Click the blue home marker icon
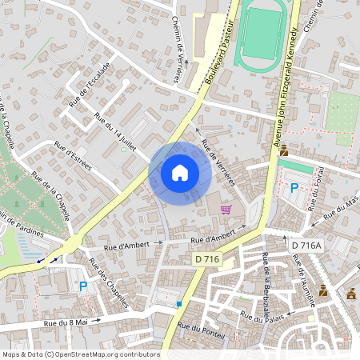(x=180, y=172)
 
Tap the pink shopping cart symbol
(x=226, y=210)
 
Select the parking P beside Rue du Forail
(x=294, y=188)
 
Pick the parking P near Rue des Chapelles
(x=82, y=286)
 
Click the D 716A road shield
(x=306, y=246)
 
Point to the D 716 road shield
(x=207, y=258)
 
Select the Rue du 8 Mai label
(x=66, y=322)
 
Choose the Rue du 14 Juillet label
(x=117, y=132)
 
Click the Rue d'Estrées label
(x=73, y=156)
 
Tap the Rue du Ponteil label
(x=200, y=328)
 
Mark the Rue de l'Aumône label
(x=305, y=276)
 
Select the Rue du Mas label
(x=341, y=210)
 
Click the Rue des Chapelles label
(x=109, y=283)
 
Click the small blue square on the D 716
(x=180, y=304)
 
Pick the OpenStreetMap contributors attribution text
(x=81, y=354)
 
